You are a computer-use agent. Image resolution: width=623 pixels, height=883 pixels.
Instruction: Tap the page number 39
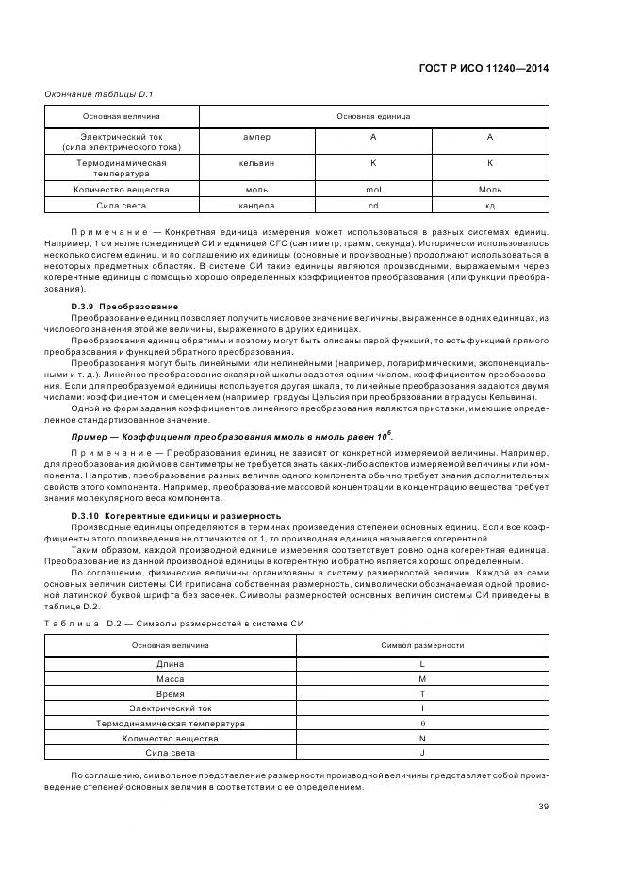click(544, 805)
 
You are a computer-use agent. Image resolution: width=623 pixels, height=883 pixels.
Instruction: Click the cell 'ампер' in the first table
click(256, 138)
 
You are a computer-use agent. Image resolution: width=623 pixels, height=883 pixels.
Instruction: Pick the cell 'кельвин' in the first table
click(256, 163)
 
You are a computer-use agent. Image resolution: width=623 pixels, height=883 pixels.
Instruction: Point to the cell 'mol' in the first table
click(372, 189)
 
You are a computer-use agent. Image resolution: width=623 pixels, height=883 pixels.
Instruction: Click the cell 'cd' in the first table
click(372, 205)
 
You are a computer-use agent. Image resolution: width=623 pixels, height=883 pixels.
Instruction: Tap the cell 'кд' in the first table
click(490, 205)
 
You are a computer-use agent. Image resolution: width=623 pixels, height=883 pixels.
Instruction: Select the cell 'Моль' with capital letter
click(490, 189)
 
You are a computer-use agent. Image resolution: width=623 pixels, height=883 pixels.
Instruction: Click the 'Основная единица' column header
click(373, 117)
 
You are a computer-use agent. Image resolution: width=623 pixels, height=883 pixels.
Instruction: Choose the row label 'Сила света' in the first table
click(122, 205)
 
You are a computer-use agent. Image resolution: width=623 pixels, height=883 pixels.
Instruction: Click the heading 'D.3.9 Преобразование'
click(124, 307)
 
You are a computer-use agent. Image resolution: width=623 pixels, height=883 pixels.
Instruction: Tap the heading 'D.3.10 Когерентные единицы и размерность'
click(176, 516)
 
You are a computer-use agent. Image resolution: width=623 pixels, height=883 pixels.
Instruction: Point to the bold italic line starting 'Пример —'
click(232, 437)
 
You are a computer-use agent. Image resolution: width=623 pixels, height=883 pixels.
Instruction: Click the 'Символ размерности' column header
click(422, 644)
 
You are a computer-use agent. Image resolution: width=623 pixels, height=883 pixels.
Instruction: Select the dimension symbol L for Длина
click(422, 664)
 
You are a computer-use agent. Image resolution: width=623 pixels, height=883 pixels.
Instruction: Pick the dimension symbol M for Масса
click(422, 678)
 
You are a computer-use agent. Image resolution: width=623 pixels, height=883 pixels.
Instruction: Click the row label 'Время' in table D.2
click(170, 693)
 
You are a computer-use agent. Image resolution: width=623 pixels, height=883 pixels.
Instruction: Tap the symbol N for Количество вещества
click(422, 738)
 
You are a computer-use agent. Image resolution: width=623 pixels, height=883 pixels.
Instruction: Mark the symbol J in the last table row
click(422, 753)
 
